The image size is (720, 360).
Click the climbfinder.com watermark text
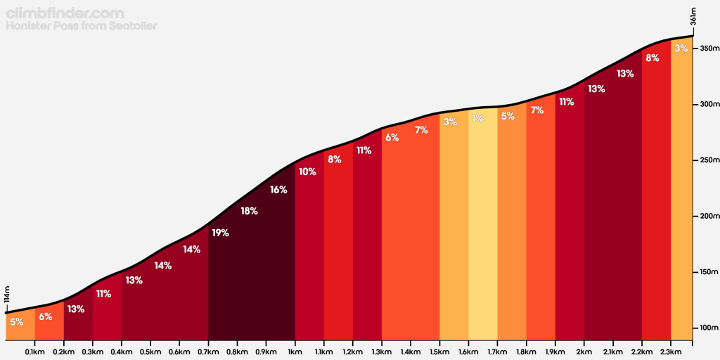(65, 13)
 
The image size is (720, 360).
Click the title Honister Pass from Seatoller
(81, 26)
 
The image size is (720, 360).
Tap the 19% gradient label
(220, 233)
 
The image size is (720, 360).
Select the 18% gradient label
(249, 211)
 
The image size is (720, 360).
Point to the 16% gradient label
(278, 190)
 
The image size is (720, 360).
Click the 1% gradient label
(478, 118)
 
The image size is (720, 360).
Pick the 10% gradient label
(307, 171)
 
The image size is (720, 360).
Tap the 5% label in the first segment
(17, 322)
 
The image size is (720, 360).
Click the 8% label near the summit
(652, 58)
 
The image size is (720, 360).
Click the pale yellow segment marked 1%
(482, 232)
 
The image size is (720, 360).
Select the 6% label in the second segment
(46, 316)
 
